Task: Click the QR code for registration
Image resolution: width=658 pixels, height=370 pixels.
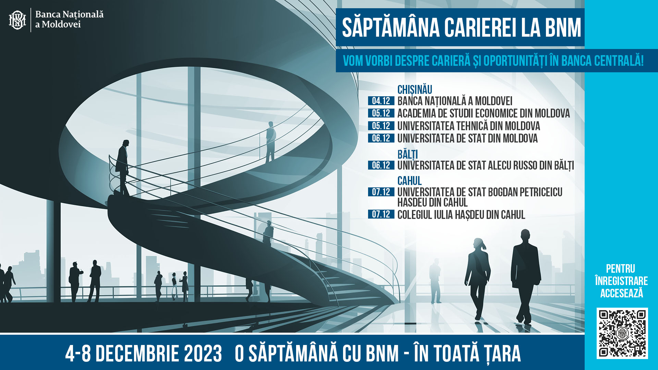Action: [622, 333]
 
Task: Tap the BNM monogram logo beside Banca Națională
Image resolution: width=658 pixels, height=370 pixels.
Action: [17, 20]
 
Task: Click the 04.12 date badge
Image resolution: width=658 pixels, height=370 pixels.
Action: [381, 101]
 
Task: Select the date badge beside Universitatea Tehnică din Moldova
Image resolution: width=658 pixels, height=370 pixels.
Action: [381, 126]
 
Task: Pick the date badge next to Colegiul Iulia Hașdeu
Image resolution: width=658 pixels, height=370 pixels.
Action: [381, 214]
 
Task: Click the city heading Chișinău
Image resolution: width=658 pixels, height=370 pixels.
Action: [415, 90]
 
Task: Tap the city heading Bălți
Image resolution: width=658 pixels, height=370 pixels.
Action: [407, 155]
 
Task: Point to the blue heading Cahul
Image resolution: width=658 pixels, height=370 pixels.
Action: [410, 181]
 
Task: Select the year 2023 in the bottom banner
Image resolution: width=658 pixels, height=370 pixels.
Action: [203, 354]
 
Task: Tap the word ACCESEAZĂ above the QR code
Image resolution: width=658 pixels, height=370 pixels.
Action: [622, 293]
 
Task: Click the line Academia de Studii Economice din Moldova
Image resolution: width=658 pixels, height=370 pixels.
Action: [484, 113]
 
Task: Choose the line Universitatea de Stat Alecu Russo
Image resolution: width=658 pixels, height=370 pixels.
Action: [486, 165]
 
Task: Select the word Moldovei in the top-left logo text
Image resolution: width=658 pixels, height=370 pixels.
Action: [61, 24]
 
